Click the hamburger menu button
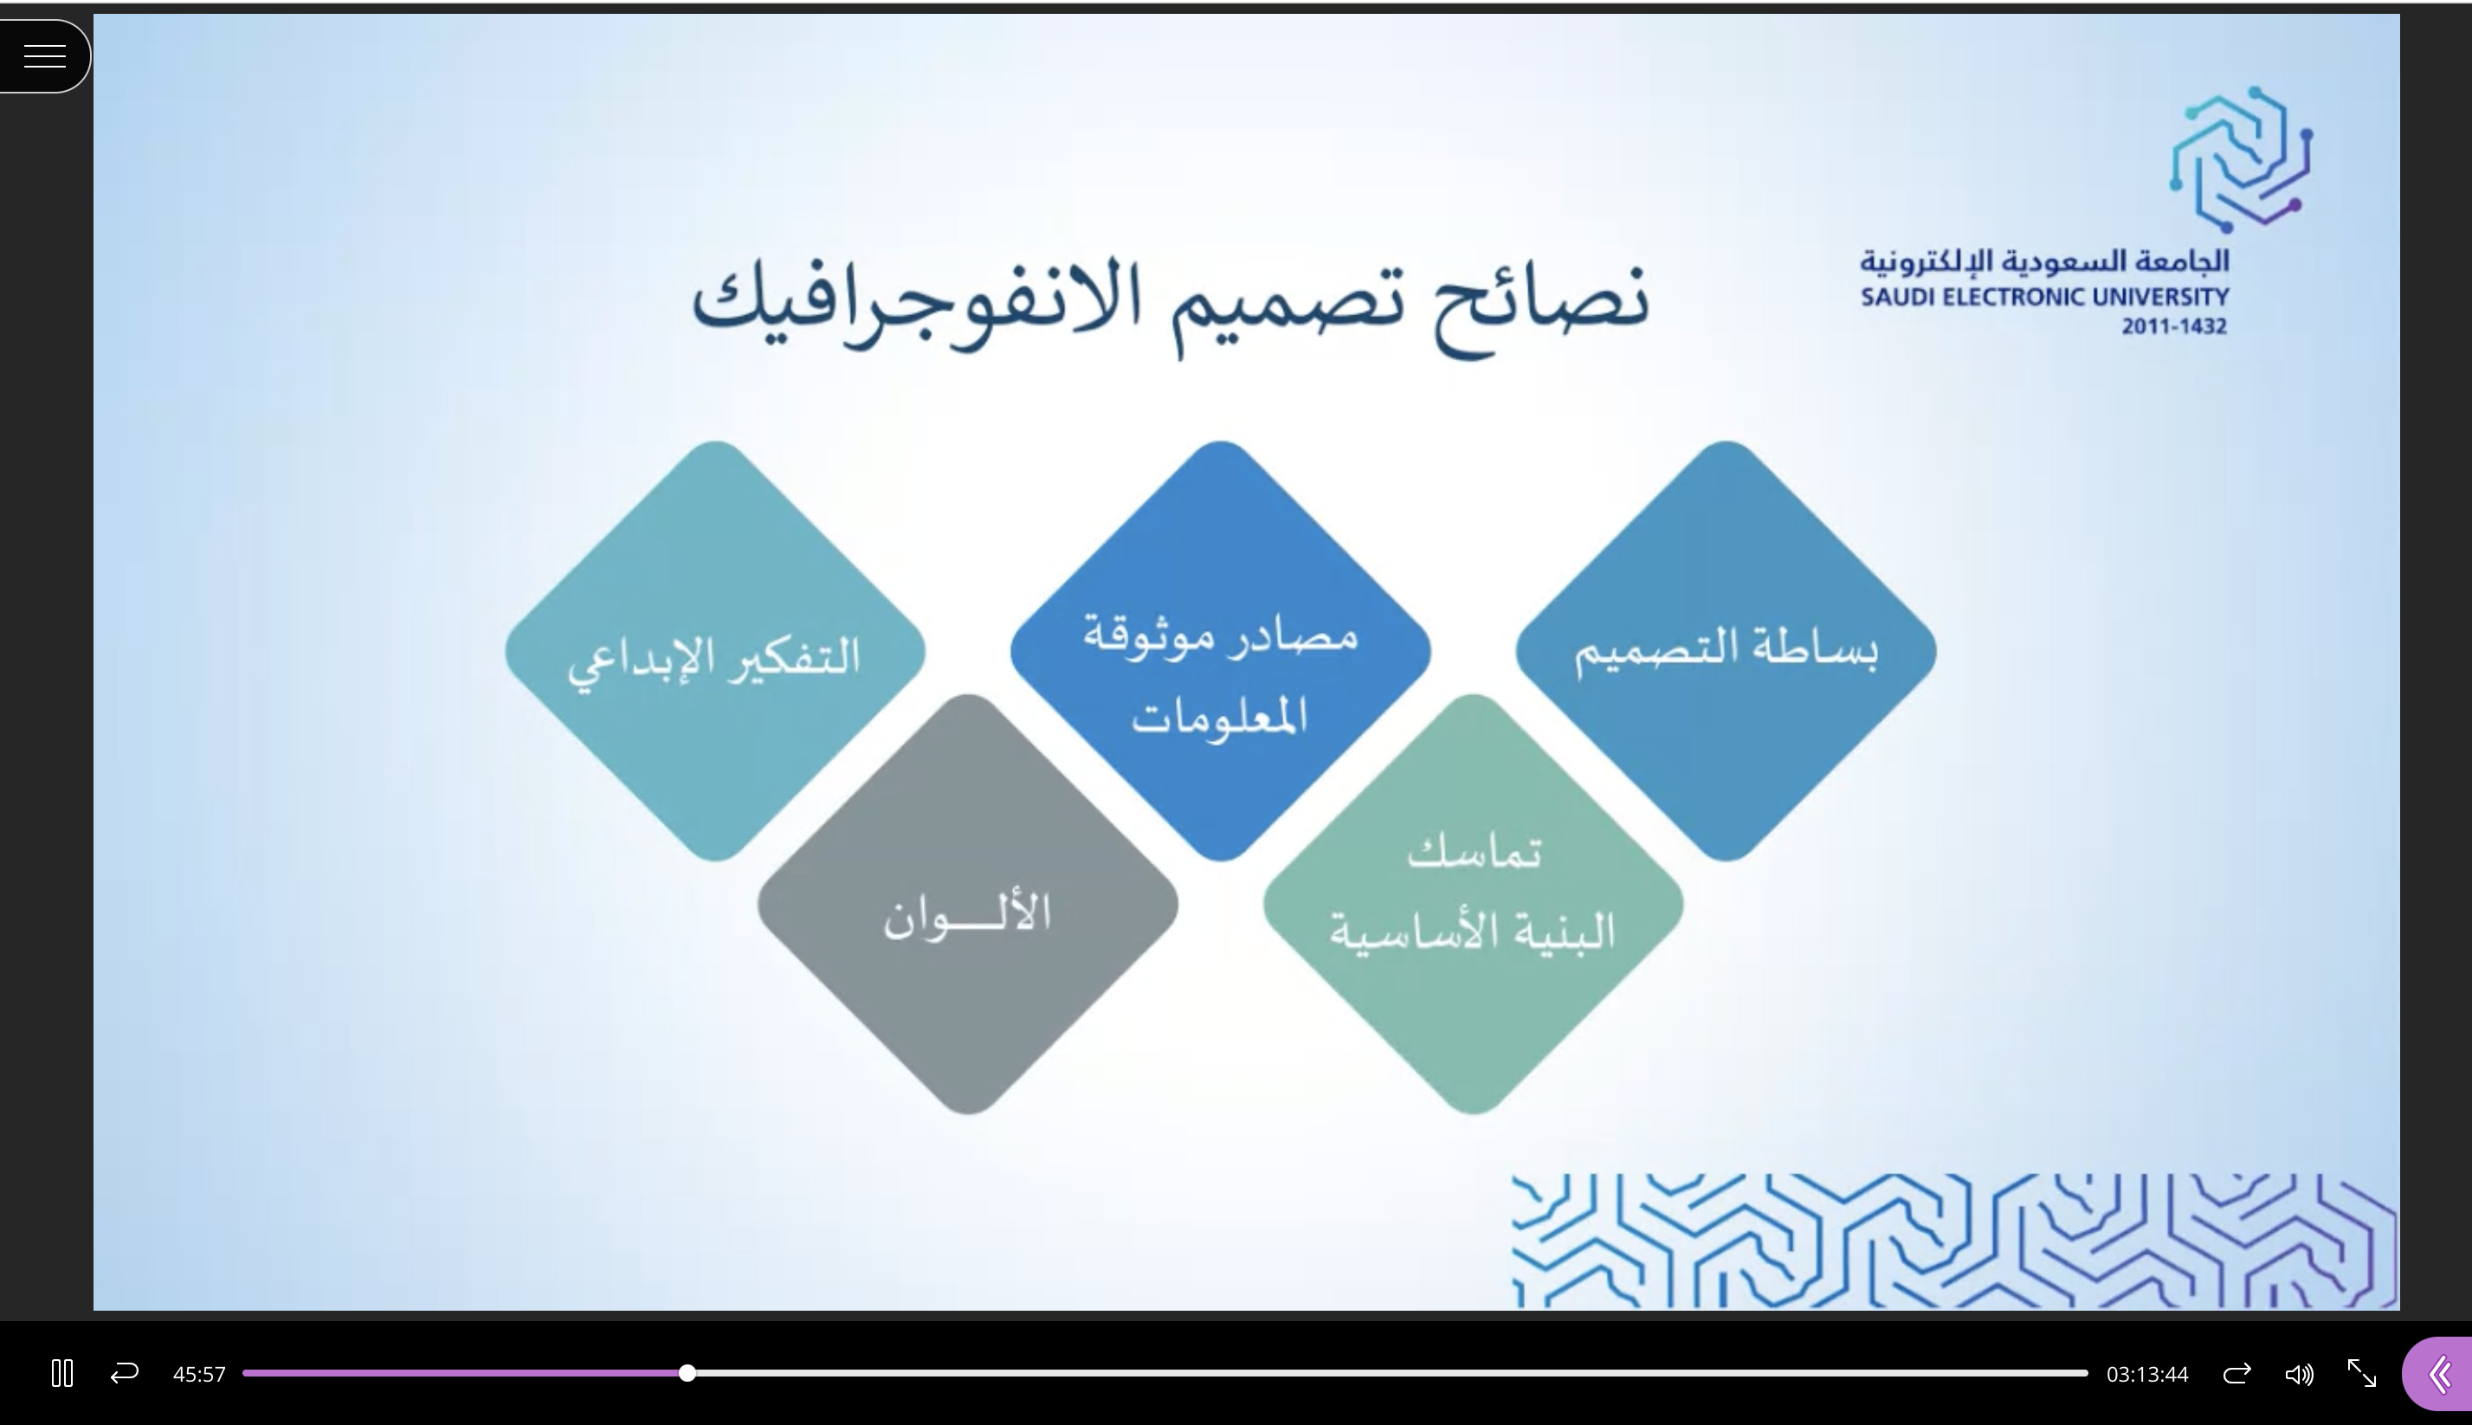(x=44, y=55)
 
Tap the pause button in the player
(x=61, y=1373)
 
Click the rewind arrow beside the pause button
(x=125, y=1373)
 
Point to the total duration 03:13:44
(x=2147, y=1374)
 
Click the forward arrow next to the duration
(x=2237, y=1373)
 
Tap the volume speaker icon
(x=2299, y=1374)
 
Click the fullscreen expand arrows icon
(x=2361, y=1373)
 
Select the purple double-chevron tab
(x=2439, y=1374)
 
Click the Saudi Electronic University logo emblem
(x=2240, y=159)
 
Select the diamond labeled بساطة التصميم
(x=1727, y=651)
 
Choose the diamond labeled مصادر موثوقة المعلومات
(x=1220, y=651)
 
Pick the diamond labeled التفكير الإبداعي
(x=715, y=651)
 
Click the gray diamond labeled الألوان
(x=968, y=905)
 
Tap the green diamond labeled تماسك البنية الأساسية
(x=1473, y=905)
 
